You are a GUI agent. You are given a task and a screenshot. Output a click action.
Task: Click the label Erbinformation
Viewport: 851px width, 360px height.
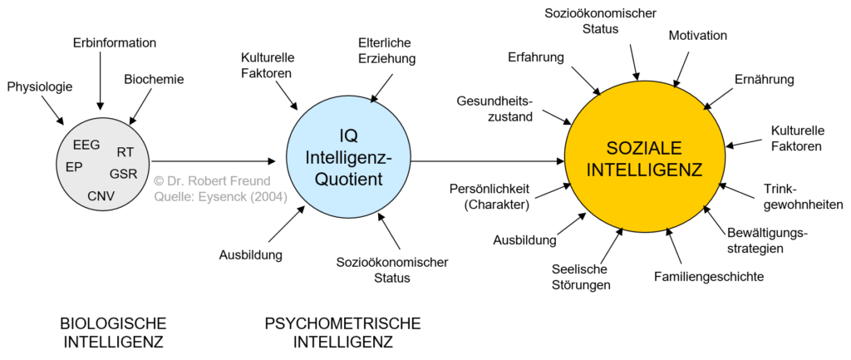(x=114, y=42)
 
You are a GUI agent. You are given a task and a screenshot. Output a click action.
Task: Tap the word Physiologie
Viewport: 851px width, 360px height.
(x=40, y=86)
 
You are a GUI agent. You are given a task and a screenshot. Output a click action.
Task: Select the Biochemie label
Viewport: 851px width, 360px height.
(x=154, y=80)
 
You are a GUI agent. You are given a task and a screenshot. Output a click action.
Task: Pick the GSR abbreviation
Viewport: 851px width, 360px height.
(x=122, y=174)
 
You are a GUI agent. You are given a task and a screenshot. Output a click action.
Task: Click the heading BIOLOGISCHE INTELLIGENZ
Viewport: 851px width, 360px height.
(x=114, y=332)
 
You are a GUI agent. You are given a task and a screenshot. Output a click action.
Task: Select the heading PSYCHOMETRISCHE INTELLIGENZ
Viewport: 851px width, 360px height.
(x=342, y=332)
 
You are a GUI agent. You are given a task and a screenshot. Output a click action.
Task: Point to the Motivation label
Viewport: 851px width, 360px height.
(x=698, y=36)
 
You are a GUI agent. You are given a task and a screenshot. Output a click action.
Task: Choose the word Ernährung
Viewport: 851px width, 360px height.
(x=765, y=80)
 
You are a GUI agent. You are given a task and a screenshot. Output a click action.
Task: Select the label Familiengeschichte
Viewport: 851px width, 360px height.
(x=708, y=276)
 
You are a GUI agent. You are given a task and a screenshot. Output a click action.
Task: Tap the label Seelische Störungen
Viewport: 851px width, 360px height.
(x=581, y=276)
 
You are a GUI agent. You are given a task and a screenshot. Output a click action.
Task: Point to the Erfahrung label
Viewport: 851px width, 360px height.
(x=536, y=57)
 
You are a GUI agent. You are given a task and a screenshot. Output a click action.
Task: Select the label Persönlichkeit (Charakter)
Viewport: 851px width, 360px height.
(x=488, y=195)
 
